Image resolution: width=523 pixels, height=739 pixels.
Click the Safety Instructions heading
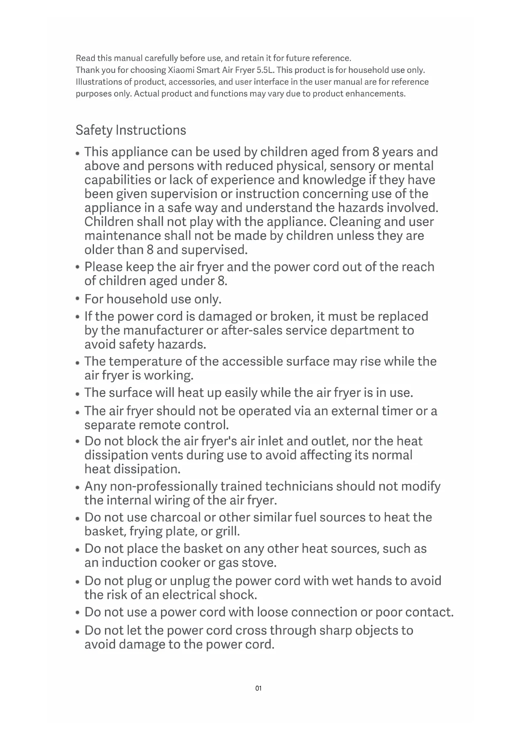[131, 130]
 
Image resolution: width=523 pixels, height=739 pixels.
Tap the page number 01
[258, 688]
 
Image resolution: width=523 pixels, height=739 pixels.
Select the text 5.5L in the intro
[266, 70]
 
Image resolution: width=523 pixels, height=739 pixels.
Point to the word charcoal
[175, 517]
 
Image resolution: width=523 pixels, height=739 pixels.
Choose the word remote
[160, 425]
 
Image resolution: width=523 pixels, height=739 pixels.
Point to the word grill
[228, 532]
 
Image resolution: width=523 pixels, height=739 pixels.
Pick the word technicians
[307, 487]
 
